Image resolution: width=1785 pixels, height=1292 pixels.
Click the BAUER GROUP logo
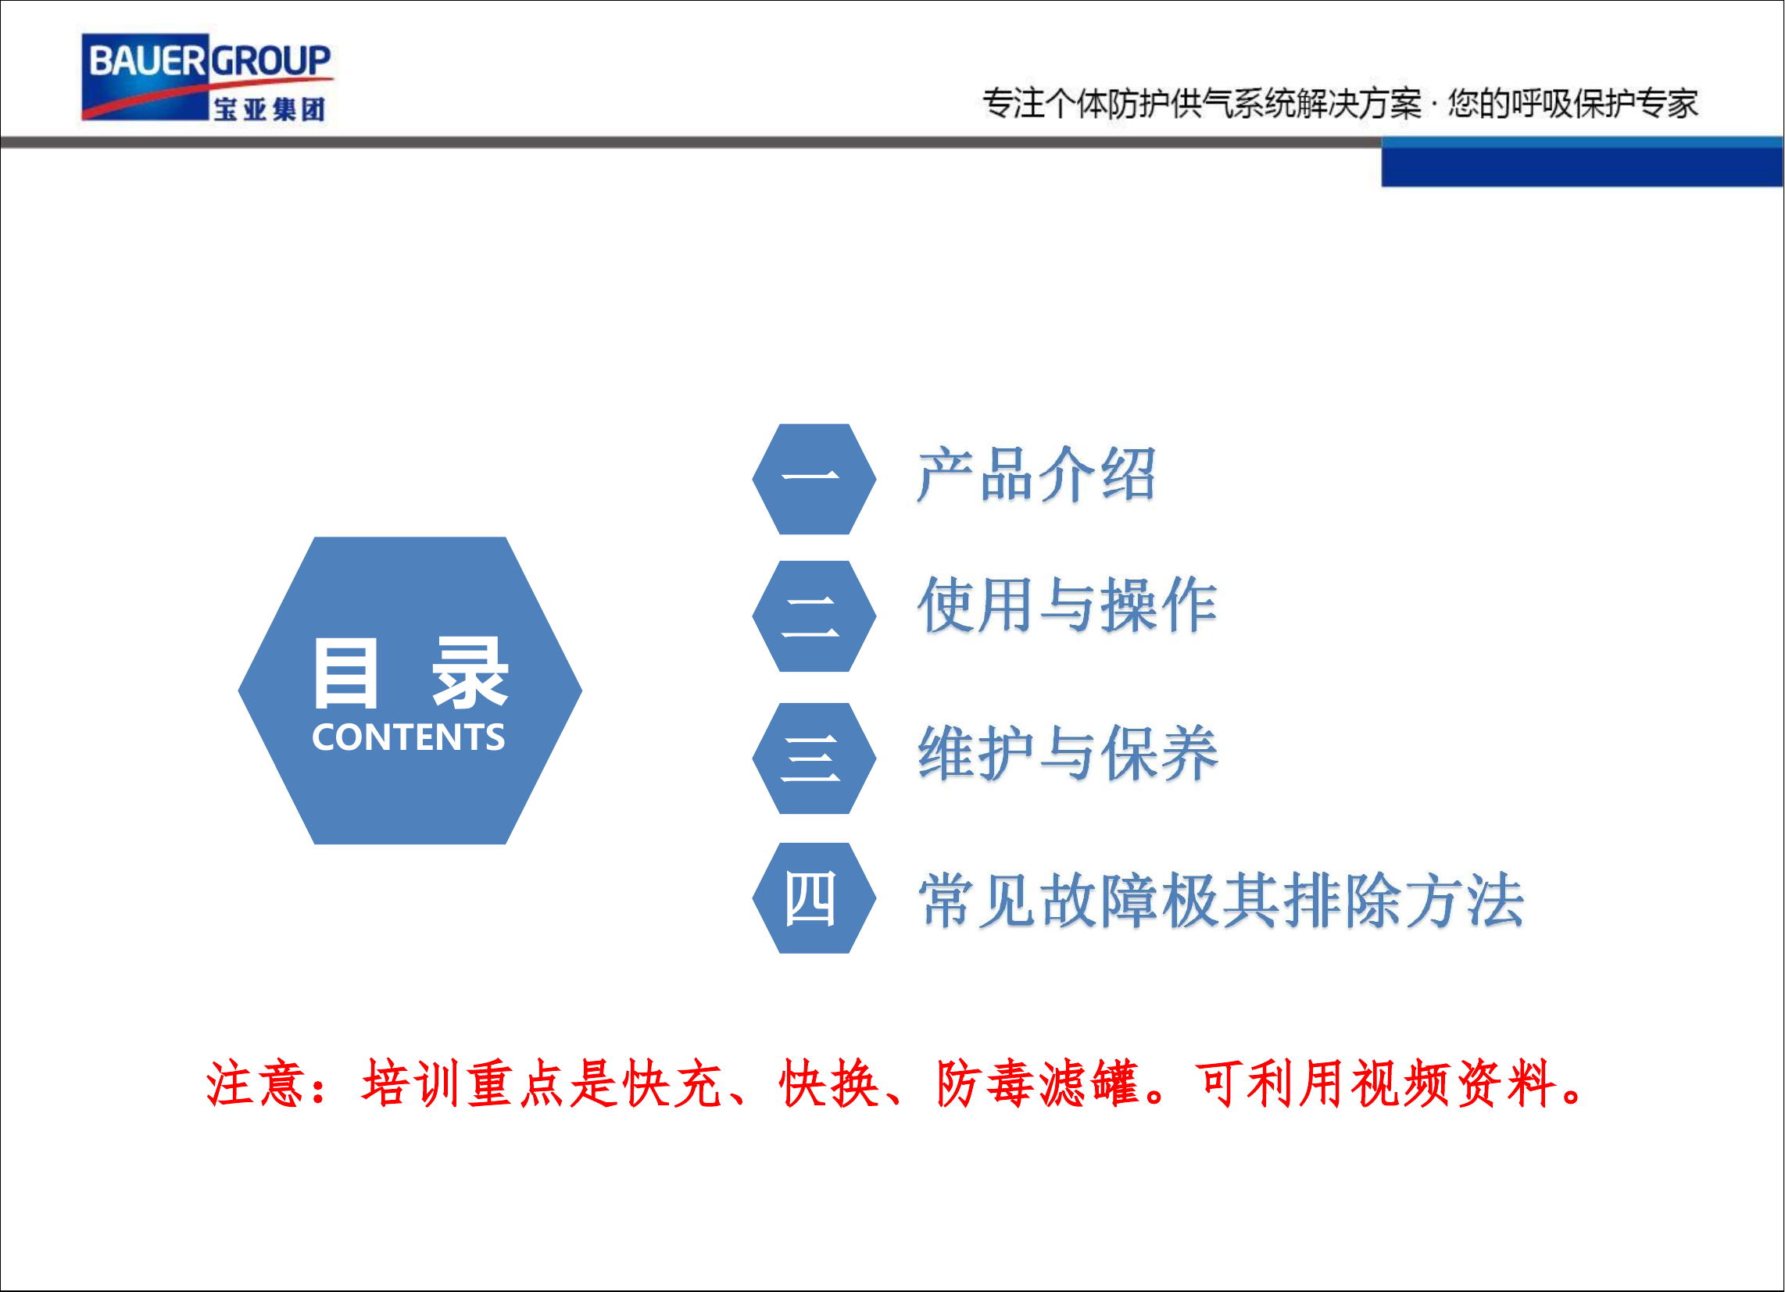point(206,77)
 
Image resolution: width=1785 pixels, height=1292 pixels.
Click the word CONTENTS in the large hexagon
point(409,737)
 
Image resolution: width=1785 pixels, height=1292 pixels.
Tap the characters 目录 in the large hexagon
point(410,673)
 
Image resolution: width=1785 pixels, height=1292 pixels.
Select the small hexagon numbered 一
point(814,478)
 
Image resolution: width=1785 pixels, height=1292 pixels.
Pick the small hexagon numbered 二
point(814,616)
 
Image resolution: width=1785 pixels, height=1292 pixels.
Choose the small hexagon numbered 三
point(814,758)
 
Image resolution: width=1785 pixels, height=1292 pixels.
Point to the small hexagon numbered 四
point(814,898)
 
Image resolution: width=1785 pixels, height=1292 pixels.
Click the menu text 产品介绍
point(1036,474)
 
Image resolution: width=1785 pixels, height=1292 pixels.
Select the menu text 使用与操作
point(1068,605)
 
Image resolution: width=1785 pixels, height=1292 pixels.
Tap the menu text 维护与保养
point(1068,754)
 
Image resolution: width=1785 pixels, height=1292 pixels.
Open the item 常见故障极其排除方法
point(1221,900)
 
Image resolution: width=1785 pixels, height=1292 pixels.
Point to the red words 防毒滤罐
point(1038,1083)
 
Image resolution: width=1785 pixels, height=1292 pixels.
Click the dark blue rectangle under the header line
point(1581,167)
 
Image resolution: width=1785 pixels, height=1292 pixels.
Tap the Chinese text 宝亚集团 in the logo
point(269,109)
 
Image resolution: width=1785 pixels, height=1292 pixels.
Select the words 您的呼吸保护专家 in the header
point(1572,104)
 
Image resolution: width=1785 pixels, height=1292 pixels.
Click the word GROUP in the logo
point(270,61)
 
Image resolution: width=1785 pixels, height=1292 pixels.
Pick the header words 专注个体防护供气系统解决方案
point(1202,104)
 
